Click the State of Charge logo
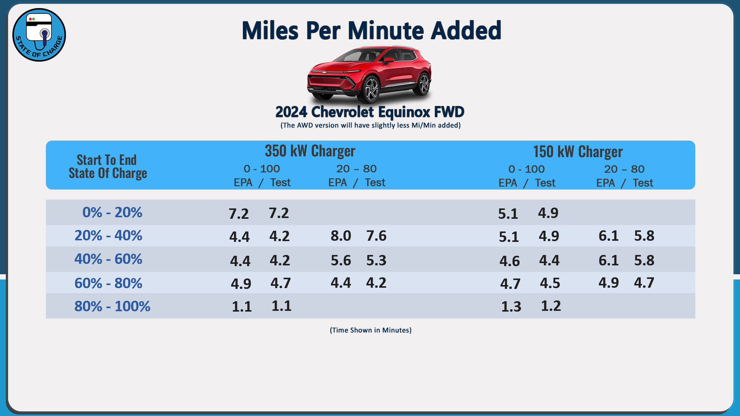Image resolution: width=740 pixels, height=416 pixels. pos(39,35)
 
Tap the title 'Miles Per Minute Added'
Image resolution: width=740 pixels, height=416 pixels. pos(371,30)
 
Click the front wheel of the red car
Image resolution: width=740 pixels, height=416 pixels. pos(372,89)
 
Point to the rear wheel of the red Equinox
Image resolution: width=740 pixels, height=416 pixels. pos(424,83)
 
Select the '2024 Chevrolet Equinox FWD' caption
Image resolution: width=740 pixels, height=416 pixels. pos(370,112)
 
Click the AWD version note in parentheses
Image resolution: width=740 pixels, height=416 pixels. pos(370,125)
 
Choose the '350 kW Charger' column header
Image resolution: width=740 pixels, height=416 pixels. pos(310,151)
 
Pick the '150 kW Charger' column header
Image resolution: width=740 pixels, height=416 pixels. pos(578,152)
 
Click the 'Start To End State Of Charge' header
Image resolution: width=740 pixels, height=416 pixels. pos(108,166)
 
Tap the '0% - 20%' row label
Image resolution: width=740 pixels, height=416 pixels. pos(112,212)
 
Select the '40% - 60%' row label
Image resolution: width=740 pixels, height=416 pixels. pos(108,259)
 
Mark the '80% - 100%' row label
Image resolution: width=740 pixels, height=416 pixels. pos(112,306)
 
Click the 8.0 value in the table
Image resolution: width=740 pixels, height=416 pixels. pos(341,236)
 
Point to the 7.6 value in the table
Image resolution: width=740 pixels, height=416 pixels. pos(376,236)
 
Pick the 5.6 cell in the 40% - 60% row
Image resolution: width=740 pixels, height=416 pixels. pos(341,260)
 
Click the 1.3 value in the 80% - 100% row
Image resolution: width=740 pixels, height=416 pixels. pos(511,307)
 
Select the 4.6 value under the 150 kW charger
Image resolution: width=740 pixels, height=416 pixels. pos(510,261)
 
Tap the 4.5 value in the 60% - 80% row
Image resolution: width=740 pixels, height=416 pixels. pos(550,283)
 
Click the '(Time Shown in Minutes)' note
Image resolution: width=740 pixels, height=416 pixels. pos(370,330)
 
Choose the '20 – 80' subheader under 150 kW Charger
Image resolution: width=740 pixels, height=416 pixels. pos(624,169)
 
